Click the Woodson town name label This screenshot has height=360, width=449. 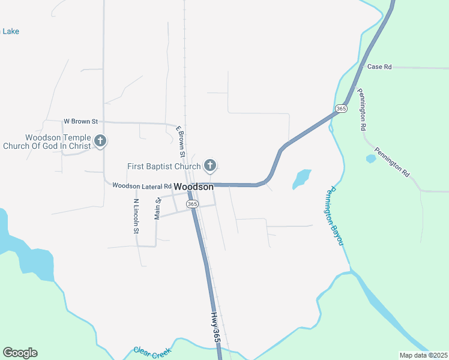[x=194, y=187]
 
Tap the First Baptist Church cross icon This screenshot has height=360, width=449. [x=209, y=165]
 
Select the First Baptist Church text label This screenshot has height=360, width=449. [x=164, y=166]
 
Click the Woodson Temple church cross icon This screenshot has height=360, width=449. [x=100, y=142]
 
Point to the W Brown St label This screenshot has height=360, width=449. [x=81, y=121]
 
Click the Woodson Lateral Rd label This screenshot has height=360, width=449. [x=142, y=186]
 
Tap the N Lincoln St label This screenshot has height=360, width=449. [x=136, y=216]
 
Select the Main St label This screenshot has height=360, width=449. [x=158, y=209]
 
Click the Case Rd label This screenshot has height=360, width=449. [x=379, y=67]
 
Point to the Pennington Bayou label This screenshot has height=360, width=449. [x=334, y=215]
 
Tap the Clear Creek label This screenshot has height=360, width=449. [x=152, y=352]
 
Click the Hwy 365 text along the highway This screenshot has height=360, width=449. [x=216, y=327]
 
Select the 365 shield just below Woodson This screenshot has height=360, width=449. [x=192, y=204]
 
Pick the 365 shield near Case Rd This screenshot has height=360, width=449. [x=341, y=108]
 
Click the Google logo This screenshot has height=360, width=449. [x=20, y=352]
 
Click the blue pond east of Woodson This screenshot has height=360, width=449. [x=301, y=179]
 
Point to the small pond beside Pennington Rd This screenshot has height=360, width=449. [x=370, y=159]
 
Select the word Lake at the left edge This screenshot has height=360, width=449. [x=10, y=31]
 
